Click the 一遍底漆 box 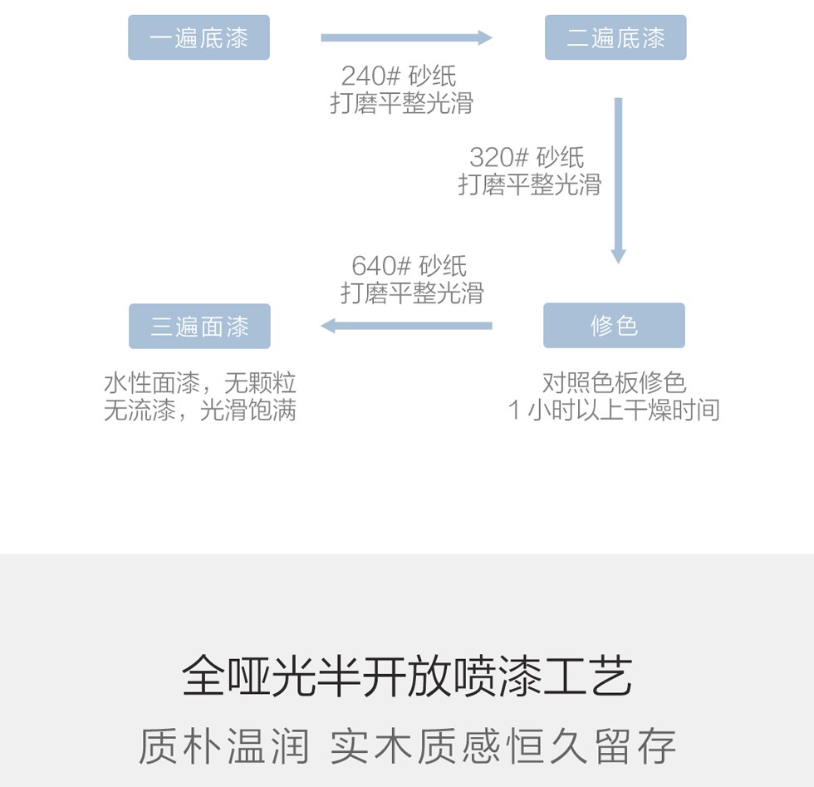point(199,37)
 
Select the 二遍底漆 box point(615,37)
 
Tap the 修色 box point(614,325)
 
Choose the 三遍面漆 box point(199,326)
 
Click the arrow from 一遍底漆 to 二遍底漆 point(406,37)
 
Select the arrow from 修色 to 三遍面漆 point(406,326)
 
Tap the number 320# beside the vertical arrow point(498,157)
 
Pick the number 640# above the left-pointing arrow point(381,266)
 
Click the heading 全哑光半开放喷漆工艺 point(407,676)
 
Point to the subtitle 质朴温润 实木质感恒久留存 point(407,745)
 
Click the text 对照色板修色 point(614,382)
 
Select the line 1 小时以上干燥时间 point(614,410)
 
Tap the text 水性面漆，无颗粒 point(199,383)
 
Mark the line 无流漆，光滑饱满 point(199,410)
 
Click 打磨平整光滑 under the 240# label point(402,103)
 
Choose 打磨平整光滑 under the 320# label point(530,184)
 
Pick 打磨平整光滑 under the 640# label point(412,293)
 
